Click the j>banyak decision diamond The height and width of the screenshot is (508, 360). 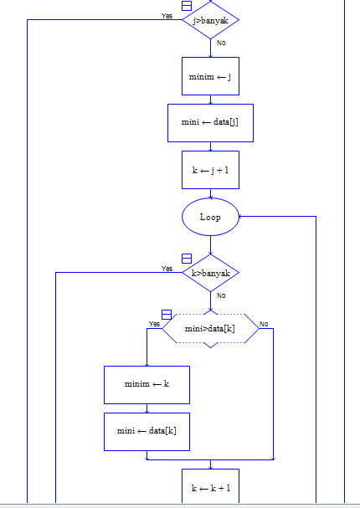coord(211,20)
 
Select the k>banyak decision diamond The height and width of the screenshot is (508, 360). coord(211,273)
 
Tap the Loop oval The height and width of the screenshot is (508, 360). coord(211,217)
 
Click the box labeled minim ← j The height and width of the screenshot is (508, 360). coord(211,76)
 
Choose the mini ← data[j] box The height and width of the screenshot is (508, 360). coord(211,123)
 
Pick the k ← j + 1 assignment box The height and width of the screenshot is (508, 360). coord(211,170)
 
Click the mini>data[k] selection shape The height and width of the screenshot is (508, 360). coord(211,329)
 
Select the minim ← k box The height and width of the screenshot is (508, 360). coord(147,385)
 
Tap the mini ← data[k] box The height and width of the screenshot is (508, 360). coord(147,432)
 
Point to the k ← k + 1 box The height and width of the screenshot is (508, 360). coord(211,486)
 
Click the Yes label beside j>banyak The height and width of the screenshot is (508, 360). coord(167,16)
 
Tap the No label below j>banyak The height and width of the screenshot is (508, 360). coord(221,43)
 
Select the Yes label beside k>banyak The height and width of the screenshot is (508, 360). coord(167,269)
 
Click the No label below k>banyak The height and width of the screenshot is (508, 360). coord(221,295)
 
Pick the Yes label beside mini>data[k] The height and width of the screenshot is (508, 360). coord(154,324)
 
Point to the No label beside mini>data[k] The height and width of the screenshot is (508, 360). coord(264,324)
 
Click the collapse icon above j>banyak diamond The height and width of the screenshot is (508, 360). coord(187,6)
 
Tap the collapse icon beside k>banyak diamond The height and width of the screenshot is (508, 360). coord(187,259)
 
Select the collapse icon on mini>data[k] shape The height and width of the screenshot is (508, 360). coord(167,315)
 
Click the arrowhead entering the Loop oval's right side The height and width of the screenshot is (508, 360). coord(240,217)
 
